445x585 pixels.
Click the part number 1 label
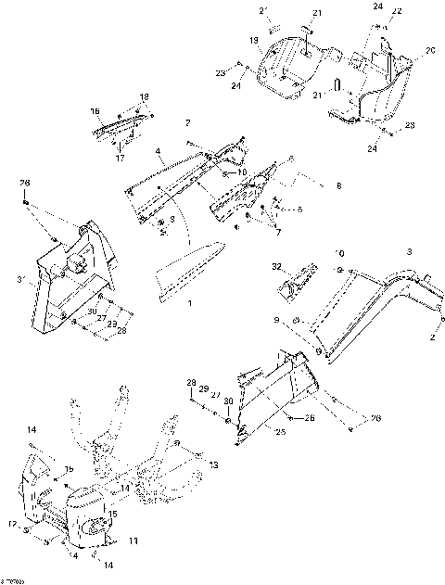tap(191, 303)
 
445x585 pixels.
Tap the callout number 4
tap(159, 151)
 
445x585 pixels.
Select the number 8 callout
tap(337, 186)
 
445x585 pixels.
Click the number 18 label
tap(144, 96)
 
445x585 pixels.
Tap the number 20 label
tap(429, 50)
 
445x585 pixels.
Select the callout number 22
tap(399, 10)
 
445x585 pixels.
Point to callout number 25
tap(279, 429)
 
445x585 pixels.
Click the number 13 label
tap(214, 464)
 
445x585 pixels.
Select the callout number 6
tap(291, 158)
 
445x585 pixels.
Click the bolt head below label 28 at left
tap(26, 203)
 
